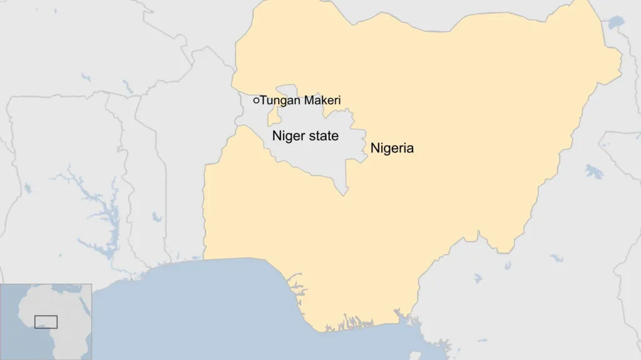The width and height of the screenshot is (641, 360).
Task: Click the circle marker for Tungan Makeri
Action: pyautogui.click(x=256, y=100)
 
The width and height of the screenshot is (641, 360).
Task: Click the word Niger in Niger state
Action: pyautogui.click(x=288, y=136)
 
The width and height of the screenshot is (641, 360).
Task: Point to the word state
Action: pyautogui.click(x=323, y=136)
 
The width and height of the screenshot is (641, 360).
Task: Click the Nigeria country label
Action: pyautogui.click(x=392, y=149)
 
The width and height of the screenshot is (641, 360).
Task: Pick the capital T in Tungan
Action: pyautogui.click(x=264, y=100)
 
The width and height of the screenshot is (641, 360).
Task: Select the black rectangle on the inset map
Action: pyautogui.click(x=46, y=322)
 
